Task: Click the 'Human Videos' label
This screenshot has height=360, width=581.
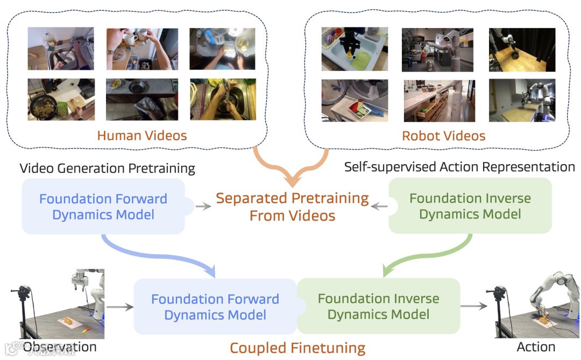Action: (142, 135)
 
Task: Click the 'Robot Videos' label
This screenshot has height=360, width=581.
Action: (443, 136)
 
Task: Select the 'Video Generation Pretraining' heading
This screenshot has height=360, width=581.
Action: (107, 168)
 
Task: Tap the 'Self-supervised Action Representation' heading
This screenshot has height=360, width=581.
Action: (459, 167)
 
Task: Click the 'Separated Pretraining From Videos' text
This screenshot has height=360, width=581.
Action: (292, 207)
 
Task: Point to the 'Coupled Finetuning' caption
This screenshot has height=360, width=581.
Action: (297, 348)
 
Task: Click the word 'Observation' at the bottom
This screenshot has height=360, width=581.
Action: (60, 347)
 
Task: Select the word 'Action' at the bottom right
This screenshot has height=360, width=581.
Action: (536, 347)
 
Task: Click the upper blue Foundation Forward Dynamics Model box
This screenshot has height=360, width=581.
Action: (103, 206)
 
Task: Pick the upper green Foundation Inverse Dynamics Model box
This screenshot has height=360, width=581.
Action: (470, 206)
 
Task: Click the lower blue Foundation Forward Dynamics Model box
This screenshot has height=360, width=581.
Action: (215, 306)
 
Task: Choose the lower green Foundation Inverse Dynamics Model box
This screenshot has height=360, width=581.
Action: (378, 306)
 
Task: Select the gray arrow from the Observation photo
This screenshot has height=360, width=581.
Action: (119, 307)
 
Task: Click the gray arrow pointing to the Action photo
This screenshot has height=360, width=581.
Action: (473, 306)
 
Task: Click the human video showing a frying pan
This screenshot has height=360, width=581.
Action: (61, 100)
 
